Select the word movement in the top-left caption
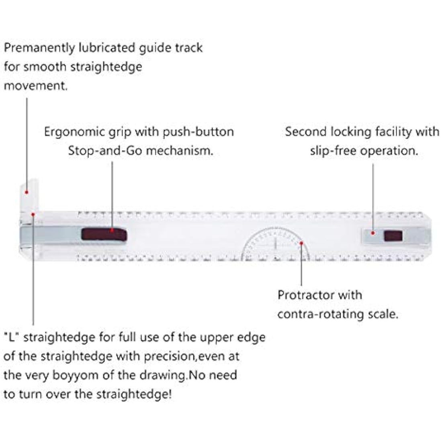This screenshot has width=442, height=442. pos(35,85)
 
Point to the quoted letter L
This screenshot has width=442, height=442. pos(12,337)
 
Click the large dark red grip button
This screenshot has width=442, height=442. pos(104,233)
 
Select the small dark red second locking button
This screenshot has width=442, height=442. pos(393,235)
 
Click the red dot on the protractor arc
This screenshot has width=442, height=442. pos(301,242)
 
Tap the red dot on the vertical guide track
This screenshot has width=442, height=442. pos(27,192)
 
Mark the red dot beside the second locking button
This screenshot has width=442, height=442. pos(373,233)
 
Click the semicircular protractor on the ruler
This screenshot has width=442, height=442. pos(276,245)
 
